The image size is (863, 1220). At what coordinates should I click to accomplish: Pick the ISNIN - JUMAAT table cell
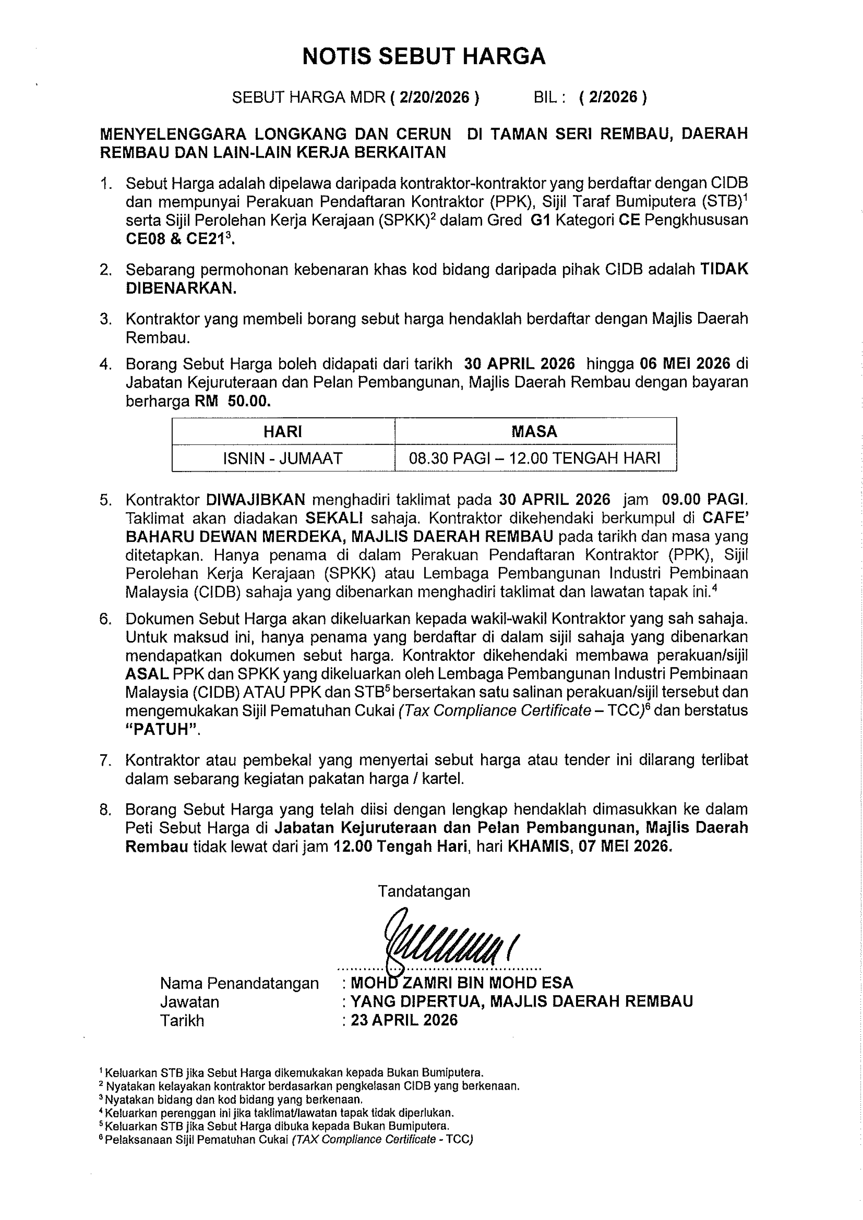283,458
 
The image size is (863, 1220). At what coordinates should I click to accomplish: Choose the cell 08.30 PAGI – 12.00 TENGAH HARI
535,458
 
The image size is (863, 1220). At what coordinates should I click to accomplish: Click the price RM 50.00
233,401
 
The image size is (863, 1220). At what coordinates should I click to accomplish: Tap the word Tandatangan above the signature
424,891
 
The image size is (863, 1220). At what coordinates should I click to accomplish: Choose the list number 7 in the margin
105,760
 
